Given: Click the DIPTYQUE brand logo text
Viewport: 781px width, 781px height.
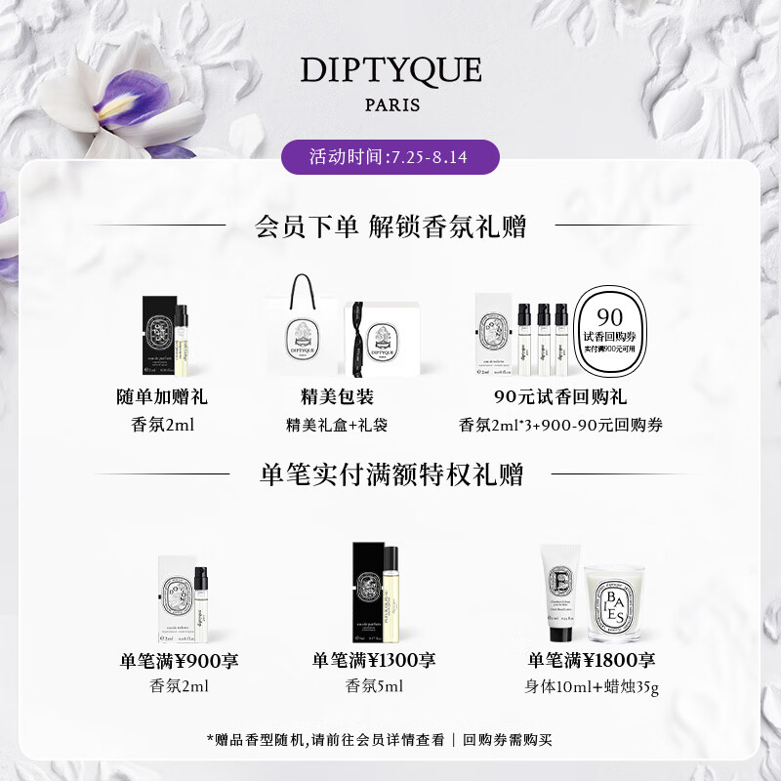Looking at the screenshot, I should click(x=390, y=70).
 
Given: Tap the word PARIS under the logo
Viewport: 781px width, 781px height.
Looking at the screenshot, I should click(x=390, y=105).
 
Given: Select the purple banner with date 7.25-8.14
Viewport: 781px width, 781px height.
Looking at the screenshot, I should click(x=390, y=156).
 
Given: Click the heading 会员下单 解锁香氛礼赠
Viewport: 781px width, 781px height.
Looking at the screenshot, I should click(x=390, y=227).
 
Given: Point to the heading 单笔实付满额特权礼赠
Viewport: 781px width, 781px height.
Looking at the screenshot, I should click(x=391, y=474).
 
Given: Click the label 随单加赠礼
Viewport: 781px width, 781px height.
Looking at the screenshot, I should click(x=162, y=397).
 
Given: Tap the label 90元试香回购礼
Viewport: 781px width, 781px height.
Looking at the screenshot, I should click(x=560, y=397).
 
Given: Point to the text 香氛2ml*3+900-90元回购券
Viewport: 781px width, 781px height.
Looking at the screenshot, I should click(x=560, y=425).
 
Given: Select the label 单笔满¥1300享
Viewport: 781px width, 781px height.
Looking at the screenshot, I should click(x=374, y=661).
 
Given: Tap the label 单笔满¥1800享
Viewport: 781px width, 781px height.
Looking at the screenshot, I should click(x=592, y=661).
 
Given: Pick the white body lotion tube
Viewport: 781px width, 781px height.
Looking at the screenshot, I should click(x=560, y=592).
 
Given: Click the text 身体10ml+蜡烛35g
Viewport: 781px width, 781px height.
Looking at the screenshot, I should click(x=592, y=687).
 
